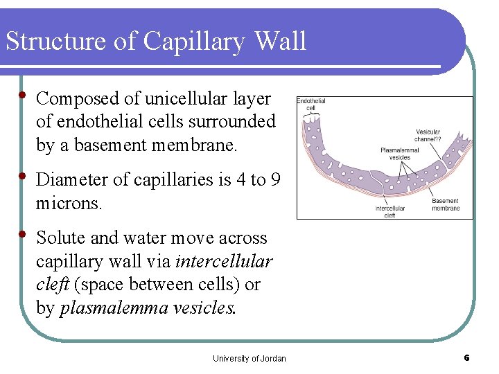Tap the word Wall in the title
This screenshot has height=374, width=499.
point(281,41)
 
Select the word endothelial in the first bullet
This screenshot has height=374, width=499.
point(94,122)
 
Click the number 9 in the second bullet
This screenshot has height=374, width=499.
point(275,180)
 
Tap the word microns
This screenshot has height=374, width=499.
point(69,204)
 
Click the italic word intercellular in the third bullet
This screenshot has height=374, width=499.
point(224,262)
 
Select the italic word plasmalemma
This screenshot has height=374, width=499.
point(114,308)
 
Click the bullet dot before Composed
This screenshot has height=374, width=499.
point(23,95)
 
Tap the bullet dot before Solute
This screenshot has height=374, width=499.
point(23,234)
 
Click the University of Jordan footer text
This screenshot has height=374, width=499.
point(249,358)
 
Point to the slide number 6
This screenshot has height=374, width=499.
point(466,357)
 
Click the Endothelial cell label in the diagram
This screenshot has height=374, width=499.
point(310,105)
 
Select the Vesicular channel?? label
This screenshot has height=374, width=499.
point(428,135)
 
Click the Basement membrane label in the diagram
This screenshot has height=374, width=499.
point(445,204)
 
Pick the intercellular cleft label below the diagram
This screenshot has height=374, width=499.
point(390,211)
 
